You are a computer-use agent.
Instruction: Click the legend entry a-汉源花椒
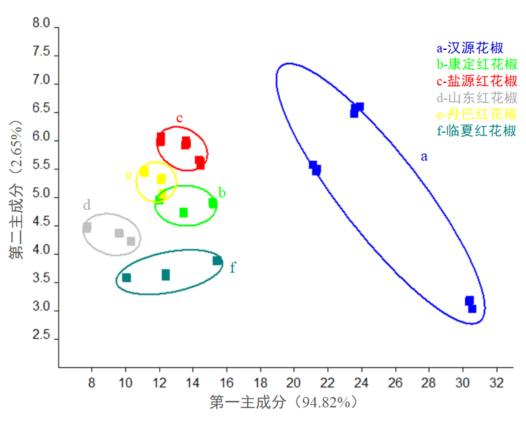tap(470, 47)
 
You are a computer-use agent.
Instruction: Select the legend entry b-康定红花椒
tap(477, 64)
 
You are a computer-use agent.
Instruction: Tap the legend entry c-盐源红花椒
tap(477, 81)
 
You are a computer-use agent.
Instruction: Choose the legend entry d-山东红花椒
tap(477, 98)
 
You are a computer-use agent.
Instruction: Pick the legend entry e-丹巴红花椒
tap(477, 114)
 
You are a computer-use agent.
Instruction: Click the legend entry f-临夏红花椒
tap(477, 131)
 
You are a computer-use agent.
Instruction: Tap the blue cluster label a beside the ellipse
tap(424, 156)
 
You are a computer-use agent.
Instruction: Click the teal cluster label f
tap(233, 267)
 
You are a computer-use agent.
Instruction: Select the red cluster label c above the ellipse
tap(180, 118)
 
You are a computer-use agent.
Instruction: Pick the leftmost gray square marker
tap(87, 228)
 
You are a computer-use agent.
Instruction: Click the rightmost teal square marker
tap(217, 261)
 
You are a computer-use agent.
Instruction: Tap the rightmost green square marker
tap(213, 203)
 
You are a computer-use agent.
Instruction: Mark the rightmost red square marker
tap(200, 163)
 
